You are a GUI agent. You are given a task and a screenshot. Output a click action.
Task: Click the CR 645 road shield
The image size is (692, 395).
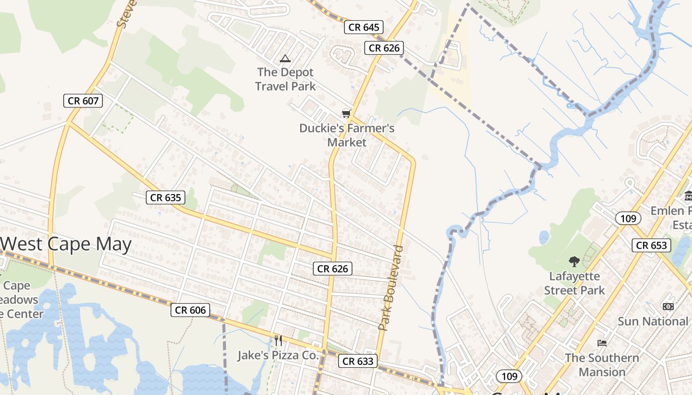(x=364, y=27)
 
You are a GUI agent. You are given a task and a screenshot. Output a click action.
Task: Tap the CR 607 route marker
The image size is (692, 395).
(x=83, y=101)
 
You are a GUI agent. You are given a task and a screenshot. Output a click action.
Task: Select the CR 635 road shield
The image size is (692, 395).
(x=166, y=197)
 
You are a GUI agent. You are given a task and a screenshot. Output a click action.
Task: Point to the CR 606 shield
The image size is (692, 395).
(x=190, y=310)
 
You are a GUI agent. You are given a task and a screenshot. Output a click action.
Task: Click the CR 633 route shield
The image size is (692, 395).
(x=358, y=361)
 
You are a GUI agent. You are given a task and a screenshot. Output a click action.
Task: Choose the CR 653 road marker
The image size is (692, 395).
(x=651, y=245)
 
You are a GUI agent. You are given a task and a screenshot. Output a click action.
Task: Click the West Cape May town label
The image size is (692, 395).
(x=66, y=244)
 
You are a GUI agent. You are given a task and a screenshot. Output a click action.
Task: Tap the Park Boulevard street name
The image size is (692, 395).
(x=391, y=287)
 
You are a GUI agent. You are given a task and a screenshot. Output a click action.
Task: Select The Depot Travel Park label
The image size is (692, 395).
(x=285, y=79)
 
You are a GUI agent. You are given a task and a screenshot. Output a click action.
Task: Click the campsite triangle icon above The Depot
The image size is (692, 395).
(x=285, y=59)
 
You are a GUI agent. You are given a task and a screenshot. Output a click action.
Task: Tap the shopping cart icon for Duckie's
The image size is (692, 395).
(x=346, y=114)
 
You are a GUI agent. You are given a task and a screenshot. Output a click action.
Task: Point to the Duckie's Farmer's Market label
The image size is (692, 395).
(x=347, y=135)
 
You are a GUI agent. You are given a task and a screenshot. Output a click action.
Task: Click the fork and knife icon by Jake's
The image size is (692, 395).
(x=278, y=340)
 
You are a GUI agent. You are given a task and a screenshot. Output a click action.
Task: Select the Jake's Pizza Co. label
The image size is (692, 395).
(x=278, y=355)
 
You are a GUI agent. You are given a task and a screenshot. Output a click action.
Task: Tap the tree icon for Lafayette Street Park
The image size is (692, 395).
(x=574, y=261)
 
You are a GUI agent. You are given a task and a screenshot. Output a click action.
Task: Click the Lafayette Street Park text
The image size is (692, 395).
(x=574, y=283)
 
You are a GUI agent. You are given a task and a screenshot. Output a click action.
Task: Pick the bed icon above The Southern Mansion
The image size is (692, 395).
(x=602, y=343)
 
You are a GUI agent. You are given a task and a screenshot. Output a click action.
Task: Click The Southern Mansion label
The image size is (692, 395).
(x=602, y=364)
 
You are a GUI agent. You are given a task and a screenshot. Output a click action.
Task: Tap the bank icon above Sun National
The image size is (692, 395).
(x=668, y=307)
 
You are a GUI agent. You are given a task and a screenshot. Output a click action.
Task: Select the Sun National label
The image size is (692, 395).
(x=652, y=321)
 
